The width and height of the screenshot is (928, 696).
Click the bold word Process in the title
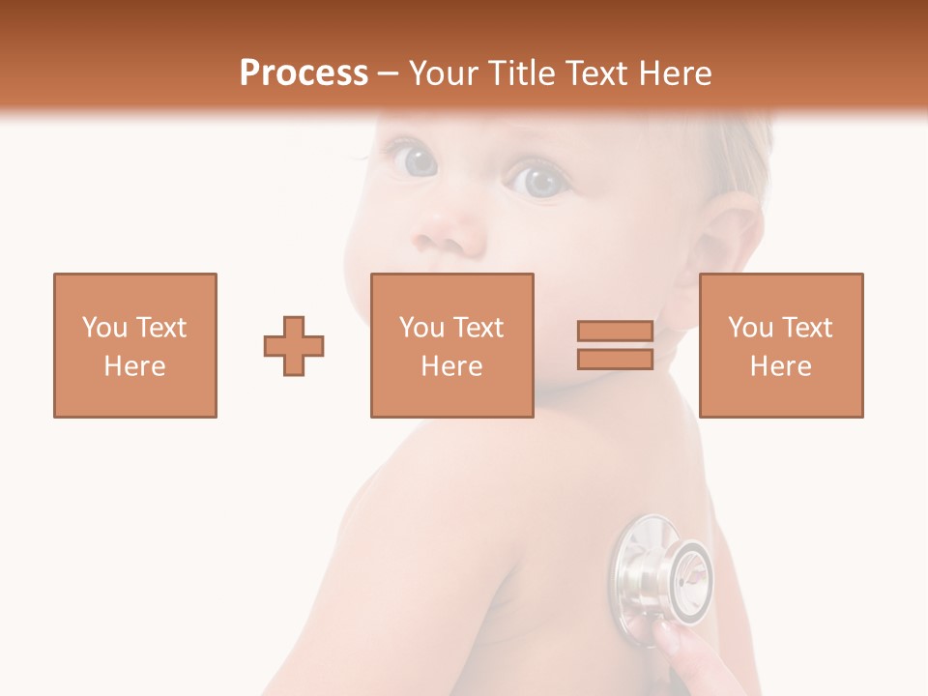tap(304, 73)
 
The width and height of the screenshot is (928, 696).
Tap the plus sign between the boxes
tap(294, 345)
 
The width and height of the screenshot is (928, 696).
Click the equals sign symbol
tap(615, 345)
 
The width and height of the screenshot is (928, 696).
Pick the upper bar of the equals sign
tap(615, 332)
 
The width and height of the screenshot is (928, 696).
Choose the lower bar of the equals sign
tap(615, 359)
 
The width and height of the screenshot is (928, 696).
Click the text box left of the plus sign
tap(135, 345)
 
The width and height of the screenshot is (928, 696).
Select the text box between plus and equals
tap(452, 345)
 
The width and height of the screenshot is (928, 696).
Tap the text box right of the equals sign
tap(781, 345)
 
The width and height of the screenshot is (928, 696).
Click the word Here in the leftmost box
tap(135, 366)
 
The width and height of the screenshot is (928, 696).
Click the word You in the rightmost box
tap(749, 328)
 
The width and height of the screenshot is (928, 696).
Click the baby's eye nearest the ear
tap(537, 180)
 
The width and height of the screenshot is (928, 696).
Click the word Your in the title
tap(446, 73)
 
